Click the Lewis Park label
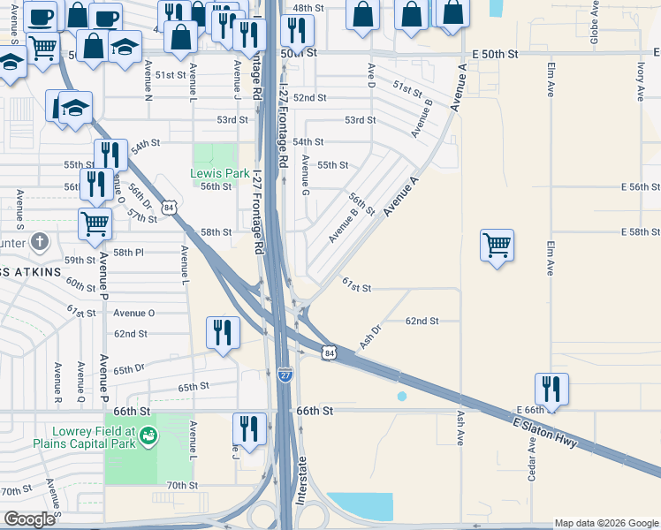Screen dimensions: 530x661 point(220,173)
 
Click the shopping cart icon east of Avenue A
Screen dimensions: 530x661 point(498,245)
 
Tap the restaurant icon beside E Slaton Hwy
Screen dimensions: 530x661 point(551,389)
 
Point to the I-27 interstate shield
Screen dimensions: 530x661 point(285,375)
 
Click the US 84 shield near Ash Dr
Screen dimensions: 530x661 point(329,352)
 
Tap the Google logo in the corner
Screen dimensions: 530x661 point(29,519)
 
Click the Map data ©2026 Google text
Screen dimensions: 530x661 point(605,523)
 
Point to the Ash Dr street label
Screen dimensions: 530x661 point(370,334)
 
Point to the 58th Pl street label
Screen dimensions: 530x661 point(127,252)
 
